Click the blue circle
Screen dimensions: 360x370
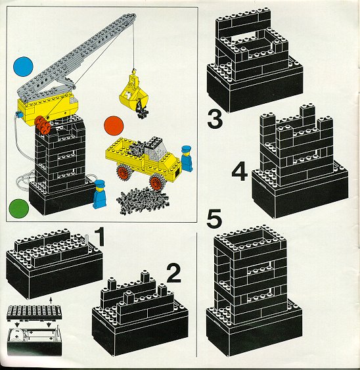23,66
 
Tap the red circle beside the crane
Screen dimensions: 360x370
114,126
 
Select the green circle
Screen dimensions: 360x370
18,208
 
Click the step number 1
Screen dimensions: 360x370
100,237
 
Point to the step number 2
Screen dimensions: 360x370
173,273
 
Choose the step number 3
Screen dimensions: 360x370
215,120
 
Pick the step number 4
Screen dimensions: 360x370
240,172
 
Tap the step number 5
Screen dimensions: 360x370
214,219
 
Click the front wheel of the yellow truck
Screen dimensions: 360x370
156,181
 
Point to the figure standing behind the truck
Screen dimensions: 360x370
187,158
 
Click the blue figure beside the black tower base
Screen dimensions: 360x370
101,194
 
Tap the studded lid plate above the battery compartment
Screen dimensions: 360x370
34,312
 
